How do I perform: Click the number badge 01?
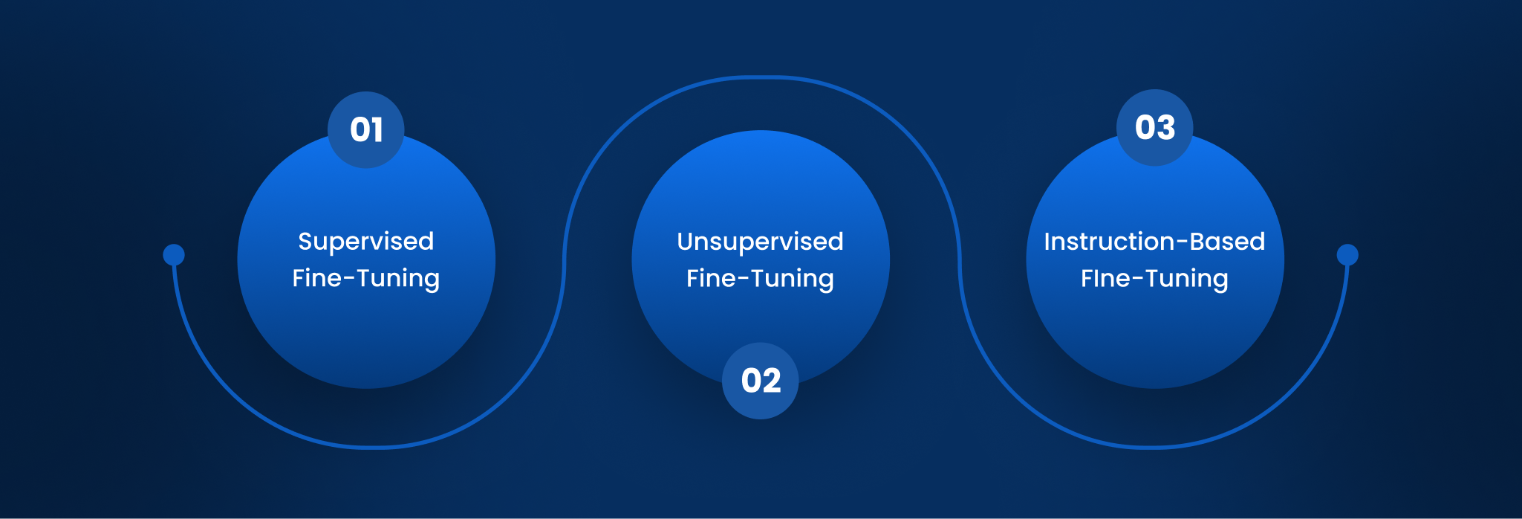366,130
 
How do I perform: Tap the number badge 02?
761,381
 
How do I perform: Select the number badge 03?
1155,128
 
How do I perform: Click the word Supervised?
366,242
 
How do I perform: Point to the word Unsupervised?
761,242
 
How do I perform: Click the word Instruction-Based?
1154,241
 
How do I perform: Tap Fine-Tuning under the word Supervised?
366,279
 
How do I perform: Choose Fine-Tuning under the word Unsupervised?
761,279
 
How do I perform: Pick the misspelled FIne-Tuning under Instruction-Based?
1154,279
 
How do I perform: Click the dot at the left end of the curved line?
174,255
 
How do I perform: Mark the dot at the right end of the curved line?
1347,255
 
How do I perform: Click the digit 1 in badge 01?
377,130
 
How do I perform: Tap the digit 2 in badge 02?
771,381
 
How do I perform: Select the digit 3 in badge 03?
1166,128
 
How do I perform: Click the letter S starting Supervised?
305,241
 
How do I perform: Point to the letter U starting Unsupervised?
685,241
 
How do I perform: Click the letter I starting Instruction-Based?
1047,241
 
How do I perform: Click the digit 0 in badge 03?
1145,128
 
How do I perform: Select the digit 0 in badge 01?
360,130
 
